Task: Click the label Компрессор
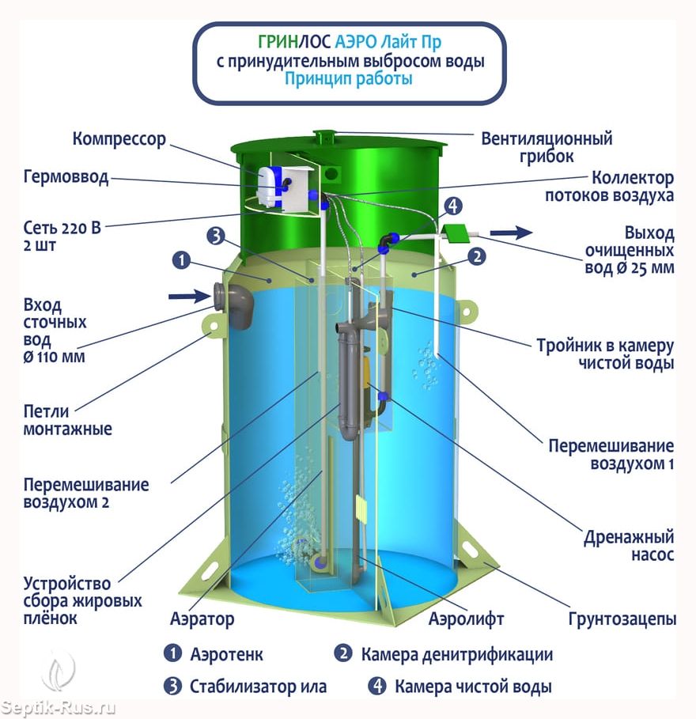coord(119,139)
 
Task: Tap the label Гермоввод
coord(66,177)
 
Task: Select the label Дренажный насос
coord(629,546)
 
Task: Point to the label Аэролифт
coord(467,619)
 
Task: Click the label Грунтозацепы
coord(622,619)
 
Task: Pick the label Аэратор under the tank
coord(202,619)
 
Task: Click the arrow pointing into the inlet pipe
coord(189,296)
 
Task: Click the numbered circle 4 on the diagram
coord(453,206)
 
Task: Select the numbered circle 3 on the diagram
coord(216,237)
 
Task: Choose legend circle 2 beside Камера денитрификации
coord(343,653)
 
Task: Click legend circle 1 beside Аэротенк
coord(173,653)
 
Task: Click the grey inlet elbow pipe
coord(234,305)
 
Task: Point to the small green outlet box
coord(456,233)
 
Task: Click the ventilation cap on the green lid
coord(324,136)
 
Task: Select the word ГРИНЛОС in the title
coord(294,42)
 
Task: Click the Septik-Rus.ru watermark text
coord(58,708)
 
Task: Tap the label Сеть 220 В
coord(62,228)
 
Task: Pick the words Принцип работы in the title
coord(349,79)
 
